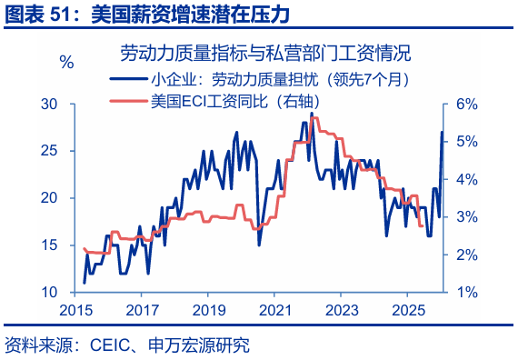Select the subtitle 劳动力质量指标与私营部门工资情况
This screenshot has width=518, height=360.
pos(259,52)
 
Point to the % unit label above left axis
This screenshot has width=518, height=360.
pos(66,62)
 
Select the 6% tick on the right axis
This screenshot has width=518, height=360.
pos(466,104)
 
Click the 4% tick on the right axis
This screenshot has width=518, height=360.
pos(466,179)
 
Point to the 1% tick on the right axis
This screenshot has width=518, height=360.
pos(466,293)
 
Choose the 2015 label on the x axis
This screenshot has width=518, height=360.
pos(77,309)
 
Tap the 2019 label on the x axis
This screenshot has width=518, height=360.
pos(208,309)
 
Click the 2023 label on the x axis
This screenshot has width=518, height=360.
pos(341,309)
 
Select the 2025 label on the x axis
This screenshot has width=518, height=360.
pos(406,309)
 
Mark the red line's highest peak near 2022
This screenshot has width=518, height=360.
pos(313,117)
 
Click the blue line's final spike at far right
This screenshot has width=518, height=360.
pos(443,133)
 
